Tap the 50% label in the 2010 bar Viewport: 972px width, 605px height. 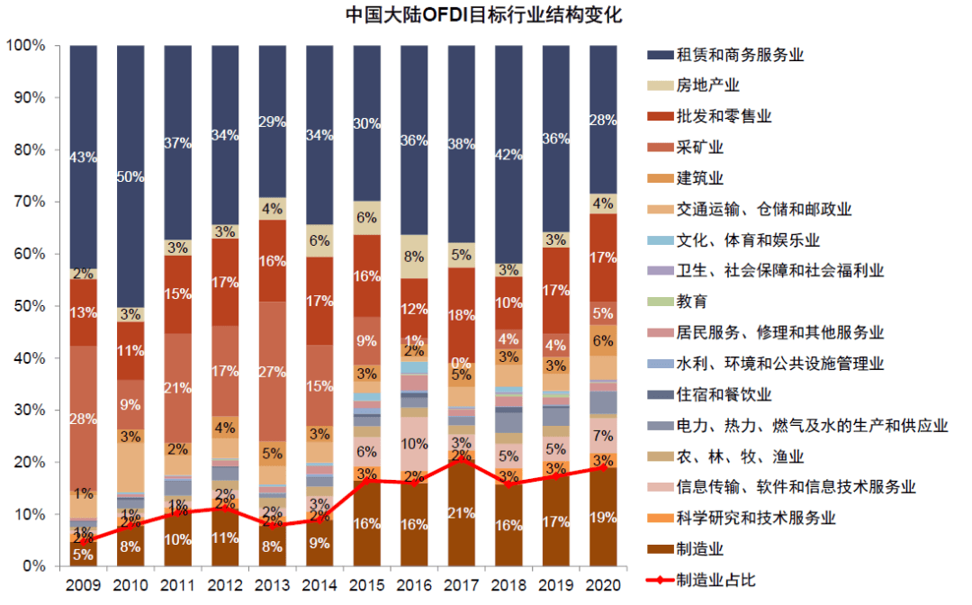130,177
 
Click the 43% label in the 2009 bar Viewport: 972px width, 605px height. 84,157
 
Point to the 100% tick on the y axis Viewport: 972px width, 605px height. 26,45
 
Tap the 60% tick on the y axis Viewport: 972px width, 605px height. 30,254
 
